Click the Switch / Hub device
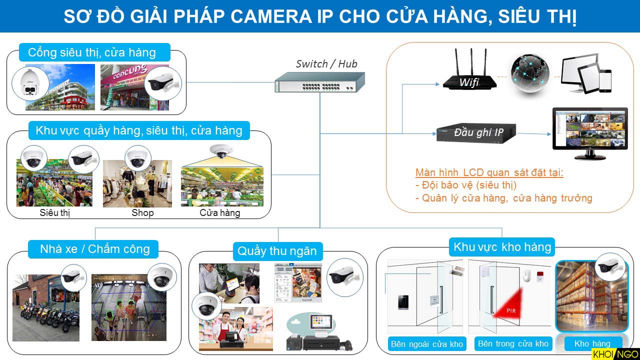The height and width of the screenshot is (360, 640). tap(319, 82)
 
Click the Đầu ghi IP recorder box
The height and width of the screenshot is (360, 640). tap(476, 133)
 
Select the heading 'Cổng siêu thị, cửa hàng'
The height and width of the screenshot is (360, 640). tap(92, 52)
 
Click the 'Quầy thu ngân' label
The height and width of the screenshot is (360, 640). tap(277, 251)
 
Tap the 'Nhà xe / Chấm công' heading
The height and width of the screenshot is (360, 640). tap(95, 249)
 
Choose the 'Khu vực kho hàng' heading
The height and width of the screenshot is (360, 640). tap(502, 246)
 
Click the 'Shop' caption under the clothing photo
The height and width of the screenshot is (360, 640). tap(142, 213)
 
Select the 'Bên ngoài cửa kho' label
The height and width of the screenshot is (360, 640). tap(427, 344)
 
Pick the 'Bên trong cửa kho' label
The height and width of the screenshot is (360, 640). tap(513, 343)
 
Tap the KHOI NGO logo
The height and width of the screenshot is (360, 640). tap(614, 353)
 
